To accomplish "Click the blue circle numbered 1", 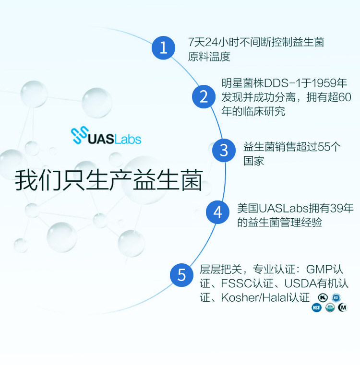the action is (x=164, y=48).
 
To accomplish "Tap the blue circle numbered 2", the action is (x=204, y=96).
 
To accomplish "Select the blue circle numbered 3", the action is (x=224, y=150).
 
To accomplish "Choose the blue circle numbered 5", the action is (x=182, y=275).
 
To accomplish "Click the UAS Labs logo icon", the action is (x=79, y=136).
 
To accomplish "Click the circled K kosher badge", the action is (x=324, y=297).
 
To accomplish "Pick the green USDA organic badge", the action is (x=330, y=307).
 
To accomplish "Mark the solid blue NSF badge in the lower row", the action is (x=317, y=307).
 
